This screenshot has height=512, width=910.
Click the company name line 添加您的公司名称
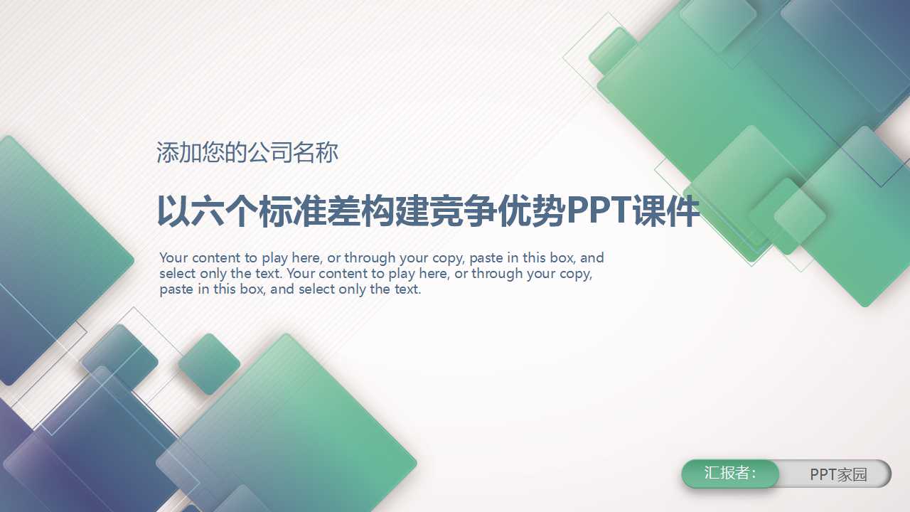247,152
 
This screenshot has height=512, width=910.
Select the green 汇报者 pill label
730,474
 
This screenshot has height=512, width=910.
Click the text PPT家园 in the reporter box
839,474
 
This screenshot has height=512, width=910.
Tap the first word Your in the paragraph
174,257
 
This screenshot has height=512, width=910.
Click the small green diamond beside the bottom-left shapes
209,364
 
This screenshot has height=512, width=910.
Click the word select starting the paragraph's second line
178,273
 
